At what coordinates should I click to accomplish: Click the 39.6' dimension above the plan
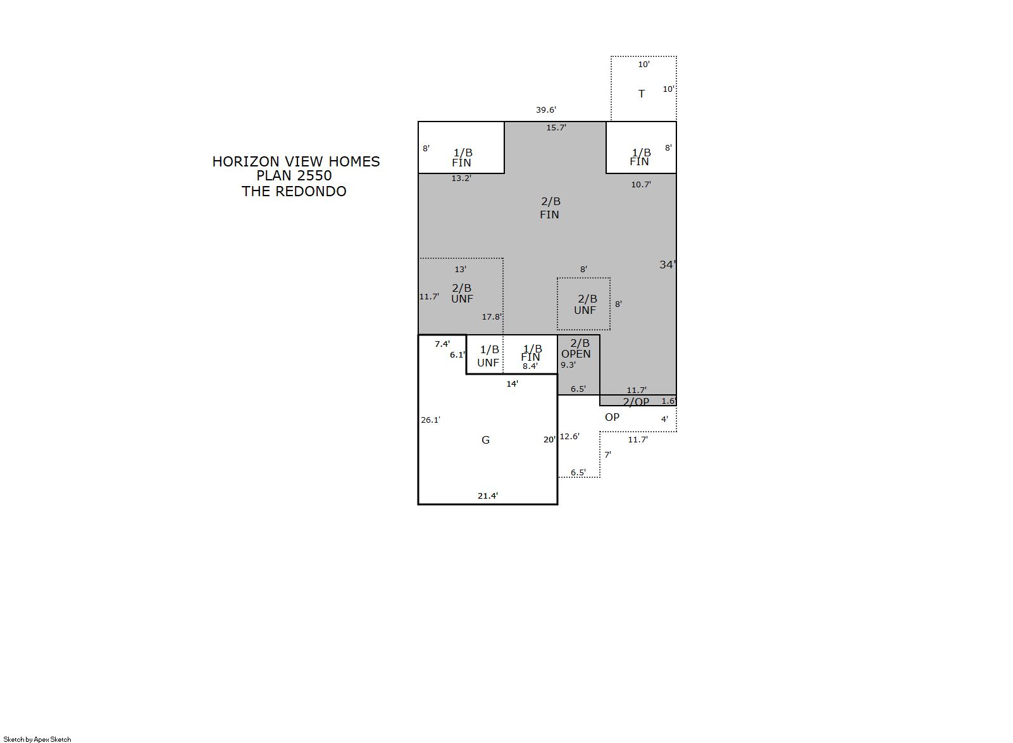[x=546, y=110]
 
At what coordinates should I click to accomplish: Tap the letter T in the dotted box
[x=641, y=94]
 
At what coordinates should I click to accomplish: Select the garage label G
[x=485, y=440]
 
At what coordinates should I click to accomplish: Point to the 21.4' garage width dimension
[x=488, y=496]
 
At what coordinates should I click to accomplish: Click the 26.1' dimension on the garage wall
[x=430, y=420]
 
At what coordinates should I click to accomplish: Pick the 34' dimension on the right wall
[x=668, y=265]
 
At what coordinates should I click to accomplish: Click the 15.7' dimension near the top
[x=556, y=128]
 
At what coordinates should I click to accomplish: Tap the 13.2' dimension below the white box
[x=461, y=178]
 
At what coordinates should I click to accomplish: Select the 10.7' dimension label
[x=641, y=185]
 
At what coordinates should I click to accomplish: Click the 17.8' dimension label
[x=492, y=316]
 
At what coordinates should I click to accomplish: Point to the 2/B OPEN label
[x=576, y=349]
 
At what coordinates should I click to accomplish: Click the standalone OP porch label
[x=612, y=418]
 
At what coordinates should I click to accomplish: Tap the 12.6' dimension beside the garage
[x=570, y=437]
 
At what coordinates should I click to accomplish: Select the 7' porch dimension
[x=608, y=454]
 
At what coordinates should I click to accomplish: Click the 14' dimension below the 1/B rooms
[x=513, y=384]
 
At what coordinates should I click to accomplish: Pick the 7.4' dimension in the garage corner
[x=442, y=344]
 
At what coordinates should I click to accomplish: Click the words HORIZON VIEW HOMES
[x=296, y=161]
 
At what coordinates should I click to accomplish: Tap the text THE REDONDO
[x=294, y=191]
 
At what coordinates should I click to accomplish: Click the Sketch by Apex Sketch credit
[x=37, y=739]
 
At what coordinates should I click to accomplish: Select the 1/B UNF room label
[x=488, y=356]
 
